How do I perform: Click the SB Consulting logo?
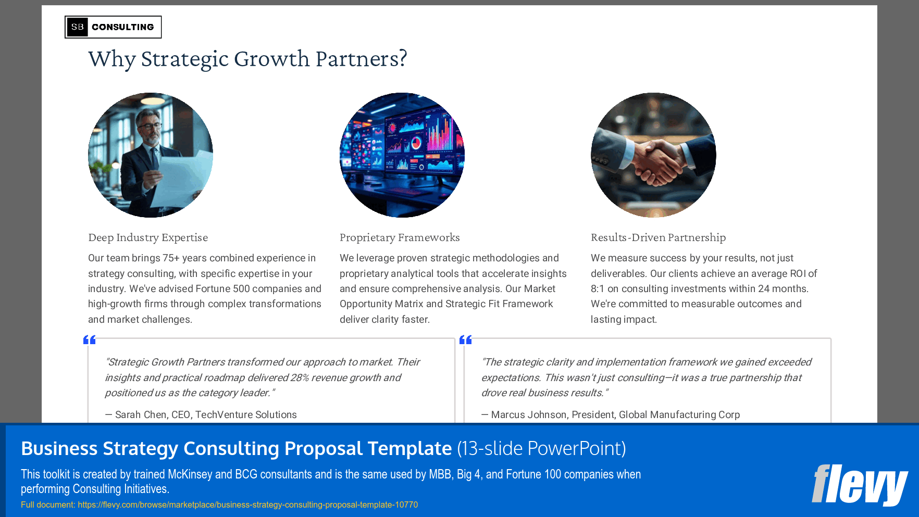click(x=113, y=27)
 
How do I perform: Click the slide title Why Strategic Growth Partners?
click(x=247, y=59)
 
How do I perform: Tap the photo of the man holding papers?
click(x=151, y=155)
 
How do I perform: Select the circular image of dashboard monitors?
click(x=402, y=155)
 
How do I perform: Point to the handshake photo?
click(x=653, y=155)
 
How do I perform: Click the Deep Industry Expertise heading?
click(x=148, y=237)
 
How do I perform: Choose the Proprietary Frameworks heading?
click(x=400, y=237)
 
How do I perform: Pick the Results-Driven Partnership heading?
click(x=658, y=237)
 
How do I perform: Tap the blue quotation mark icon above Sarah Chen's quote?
click(x=90, y=340)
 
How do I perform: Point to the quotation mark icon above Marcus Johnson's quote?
click(x=465, y=340)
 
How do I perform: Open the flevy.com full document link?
click(x=247, y=505)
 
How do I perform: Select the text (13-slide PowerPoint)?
click(x=541, y=448)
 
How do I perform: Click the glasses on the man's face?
click(x=151, y=126)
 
